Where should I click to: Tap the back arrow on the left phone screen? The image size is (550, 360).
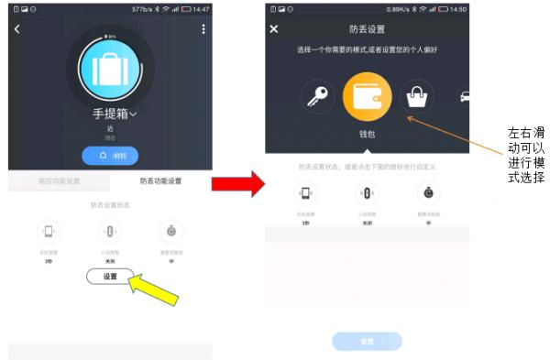(x=16, y=29)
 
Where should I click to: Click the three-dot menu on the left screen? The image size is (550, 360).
(x=203, y=29)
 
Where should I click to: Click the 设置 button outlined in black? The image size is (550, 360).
(x=110, y=276)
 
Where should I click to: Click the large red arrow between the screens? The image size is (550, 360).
(x=235, y=182)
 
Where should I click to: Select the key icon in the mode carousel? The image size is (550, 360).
(x=317, y=96)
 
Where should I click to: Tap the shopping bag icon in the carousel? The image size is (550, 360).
(x=416, y=96)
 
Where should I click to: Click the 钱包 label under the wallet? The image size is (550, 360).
(x=368, y=135)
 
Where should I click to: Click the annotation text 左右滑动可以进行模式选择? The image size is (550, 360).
(x=526, y=154)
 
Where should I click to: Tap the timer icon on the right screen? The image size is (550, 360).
(x=428, y=193)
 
